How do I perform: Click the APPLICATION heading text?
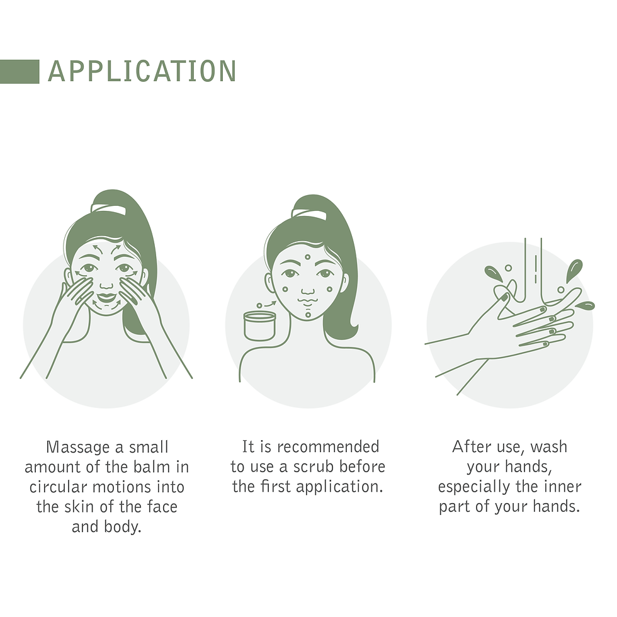[x=142, y=71]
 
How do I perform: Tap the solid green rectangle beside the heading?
[x=20, y=72]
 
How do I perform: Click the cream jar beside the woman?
[x=259, y=325]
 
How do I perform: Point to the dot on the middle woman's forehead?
[x=308, y=258]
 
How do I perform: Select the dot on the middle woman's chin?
[x=308, y=315]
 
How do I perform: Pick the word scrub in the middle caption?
[x=314, y=467]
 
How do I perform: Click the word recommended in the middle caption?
[x=328, y=447]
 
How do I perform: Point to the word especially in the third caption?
[x=474, y=487]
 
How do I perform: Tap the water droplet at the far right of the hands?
[x=585, y=305]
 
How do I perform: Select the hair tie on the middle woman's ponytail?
[x=309, y=213]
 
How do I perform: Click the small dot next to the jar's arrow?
[x=259, y=306]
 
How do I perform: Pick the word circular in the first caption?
[x=58, y=487]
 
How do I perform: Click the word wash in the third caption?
[x=548, y=447]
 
